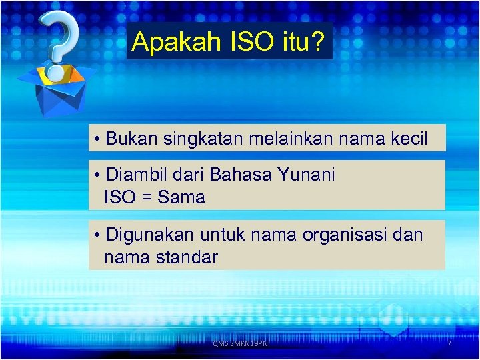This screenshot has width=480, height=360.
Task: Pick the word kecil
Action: [x=406, y=139]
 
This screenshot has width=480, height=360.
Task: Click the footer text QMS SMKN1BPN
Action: [x=240, y=343]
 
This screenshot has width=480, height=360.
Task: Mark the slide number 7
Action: [x=449, y=343]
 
